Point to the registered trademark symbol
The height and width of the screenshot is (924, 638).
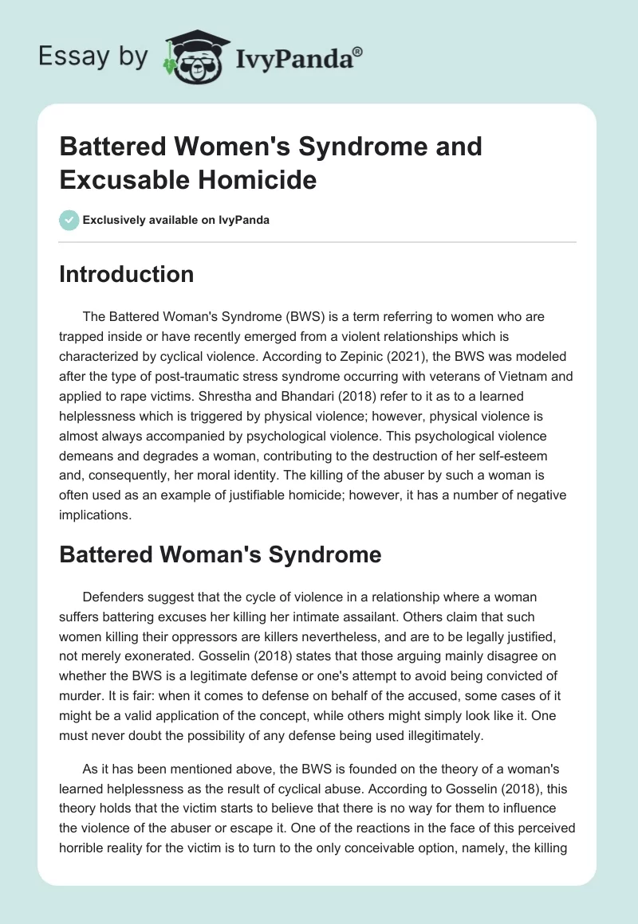pos(358,50)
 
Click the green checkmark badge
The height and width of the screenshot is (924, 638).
pos(69,220)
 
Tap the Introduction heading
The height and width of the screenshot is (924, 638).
pos(126,274)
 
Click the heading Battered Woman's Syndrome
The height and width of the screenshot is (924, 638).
pos(220,555)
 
